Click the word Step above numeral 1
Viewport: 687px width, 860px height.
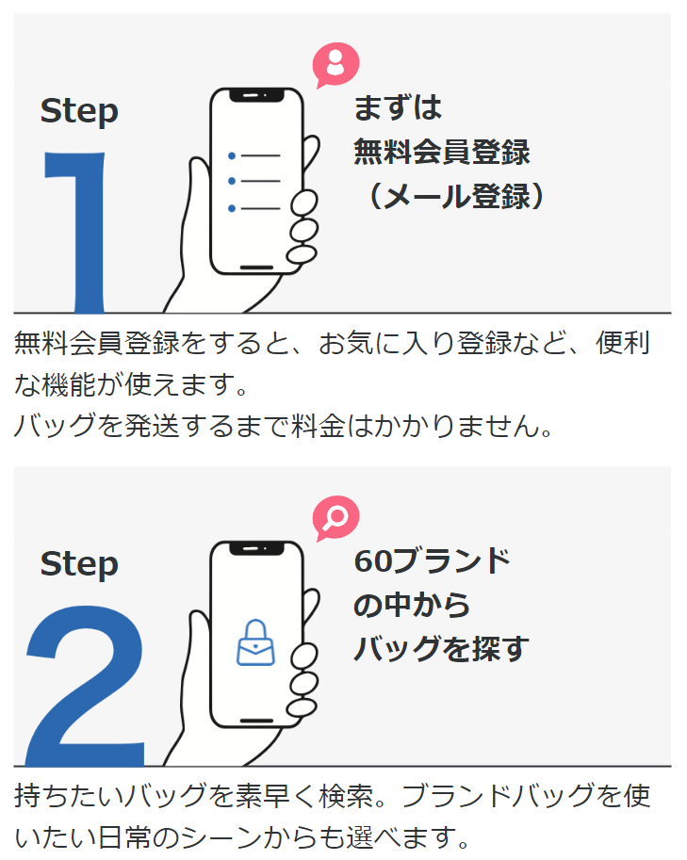coord(79,111)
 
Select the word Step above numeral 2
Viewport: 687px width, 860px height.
coord(79,564)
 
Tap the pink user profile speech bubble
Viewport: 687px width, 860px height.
coord(335,65)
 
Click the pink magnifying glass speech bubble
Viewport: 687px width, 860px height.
coord(335,517)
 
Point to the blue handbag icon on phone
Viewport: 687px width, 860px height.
coord(255,642)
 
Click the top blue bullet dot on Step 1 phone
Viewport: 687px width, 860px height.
coord(232,155)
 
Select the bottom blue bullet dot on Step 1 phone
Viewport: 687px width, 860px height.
coord(232,208)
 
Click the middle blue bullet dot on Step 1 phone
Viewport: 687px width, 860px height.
coord(232,182)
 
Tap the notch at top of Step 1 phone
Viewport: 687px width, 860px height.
coord(256,96)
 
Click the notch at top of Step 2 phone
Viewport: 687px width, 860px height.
coord(256,548)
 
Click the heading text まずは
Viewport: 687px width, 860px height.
coord(397,107)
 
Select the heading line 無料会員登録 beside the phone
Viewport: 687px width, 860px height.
coord(441,152)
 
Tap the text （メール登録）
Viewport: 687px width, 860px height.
coord(450,196)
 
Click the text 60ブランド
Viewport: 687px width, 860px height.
coord(432,560)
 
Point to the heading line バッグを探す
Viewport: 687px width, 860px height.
coord(441,648)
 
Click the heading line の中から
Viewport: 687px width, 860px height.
coord(412,605)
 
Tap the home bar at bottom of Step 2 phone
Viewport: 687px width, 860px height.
coord(256,721)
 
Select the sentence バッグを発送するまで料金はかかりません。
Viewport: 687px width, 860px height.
coord(283,426)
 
